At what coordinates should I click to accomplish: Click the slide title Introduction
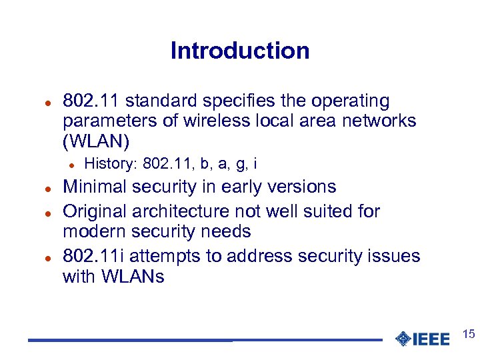click(240, 51)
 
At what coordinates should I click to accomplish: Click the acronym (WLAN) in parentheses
click(96, 141)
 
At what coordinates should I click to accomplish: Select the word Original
click(95, 212)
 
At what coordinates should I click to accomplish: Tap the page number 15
click(468, 334)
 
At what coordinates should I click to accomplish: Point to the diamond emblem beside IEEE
click(403, 339)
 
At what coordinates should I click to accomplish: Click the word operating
click(352, 101)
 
